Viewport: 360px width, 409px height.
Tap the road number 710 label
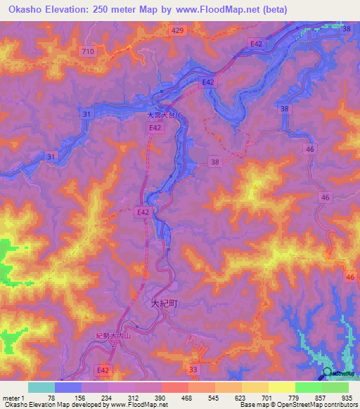coord(88,52)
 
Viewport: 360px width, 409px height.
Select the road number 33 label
coord(194,369)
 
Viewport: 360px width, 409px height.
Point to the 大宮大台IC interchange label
coord(164,115)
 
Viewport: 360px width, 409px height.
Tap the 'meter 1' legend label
coord(15,397)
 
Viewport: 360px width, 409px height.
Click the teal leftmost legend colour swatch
coord(41,387)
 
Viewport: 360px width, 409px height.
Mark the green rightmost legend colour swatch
coord(335,387)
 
